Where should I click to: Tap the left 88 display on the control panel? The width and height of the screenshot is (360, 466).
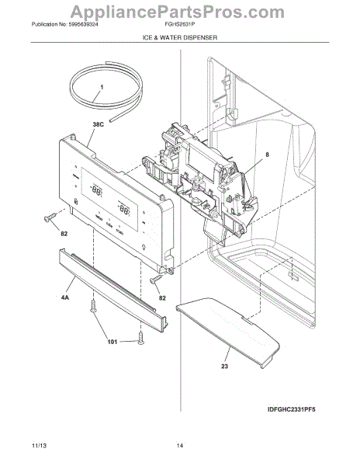click(x=96, y=190)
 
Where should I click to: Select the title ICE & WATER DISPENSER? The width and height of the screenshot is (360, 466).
click(x=179, y=37)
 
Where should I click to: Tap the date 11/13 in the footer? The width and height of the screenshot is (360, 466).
click(x=36, y=446)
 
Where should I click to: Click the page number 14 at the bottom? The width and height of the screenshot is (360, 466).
click(x=179, y=446)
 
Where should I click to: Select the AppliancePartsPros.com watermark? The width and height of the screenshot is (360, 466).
click(x=179, y=10)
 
